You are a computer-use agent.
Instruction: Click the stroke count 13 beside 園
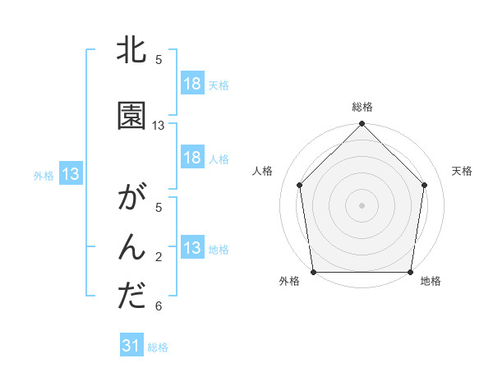[159, 126]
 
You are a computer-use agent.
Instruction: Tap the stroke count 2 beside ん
[159, 257]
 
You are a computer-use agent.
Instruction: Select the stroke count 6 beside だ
[159, 306]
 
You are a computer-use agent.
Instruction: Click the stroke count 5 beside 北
[159, 60]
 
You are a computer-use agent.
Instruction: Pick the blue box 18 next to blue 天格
[192, 84]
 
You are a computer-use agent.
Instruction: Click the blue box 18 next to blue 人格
[192, 158]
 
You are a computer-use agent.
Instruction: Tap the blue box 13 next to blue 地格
[192, 248]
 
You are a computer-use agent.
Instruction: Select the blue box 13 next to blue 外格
[71, 174]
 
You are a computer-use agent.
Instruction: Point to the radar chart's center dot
[362, 204]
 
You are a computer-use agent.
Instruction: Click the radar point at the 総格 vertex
[362, 125]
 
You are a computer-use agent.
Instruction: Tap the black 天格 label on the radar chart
[462, 171]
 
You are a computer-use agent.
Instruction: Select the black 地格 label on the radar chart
[431, 282]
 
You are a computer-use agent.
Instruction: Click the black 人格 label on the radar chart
[262, 171]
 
